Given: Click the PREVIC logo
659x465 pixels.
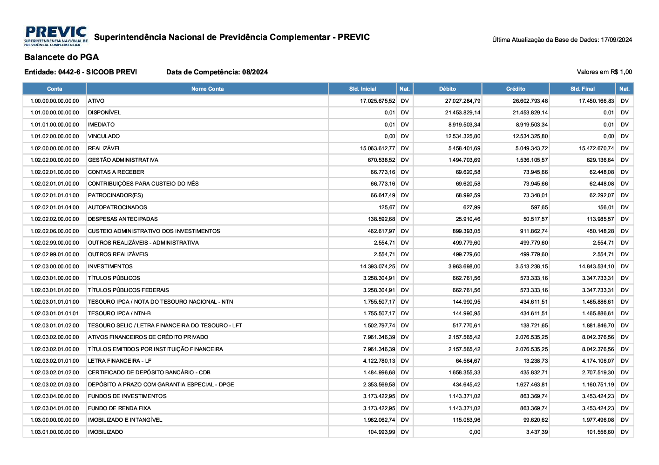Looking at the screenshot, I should point(56,36).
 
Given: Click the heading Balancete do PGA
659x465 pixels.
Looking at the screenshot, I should point(61,57).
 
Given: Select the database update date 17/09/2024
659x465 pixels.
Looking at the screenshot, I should point(616,40).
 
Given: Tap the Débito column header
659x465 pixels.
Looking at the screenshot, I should point(448,89).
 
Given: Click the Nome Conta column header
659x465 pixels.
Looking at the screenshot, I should point(207,89).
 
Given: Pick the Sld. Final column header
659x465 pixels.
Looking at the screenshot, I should point(583,89).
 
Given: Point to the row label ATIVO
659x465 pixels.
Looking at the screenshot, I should point(96,101).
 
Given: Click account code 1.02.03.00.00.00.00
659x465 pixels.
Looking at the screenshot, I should point(54,266).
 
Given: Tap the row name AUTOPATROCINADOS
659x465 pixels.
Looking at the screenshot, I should point(117,207).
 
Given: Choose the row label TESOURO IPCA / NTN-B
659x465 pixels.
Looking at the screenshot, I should point(119,313).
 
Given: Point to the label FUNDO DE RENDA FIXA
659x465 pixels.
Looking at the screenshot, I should point(119,408).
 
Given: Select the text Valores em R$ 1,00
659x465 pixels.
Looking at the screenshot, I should point(604,72).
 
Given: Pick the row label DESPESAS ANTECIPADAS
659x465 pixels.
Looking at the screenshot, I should point(123,219).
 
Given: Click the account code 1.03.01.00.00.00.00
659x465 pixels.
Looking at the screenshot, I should point(54,432).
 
